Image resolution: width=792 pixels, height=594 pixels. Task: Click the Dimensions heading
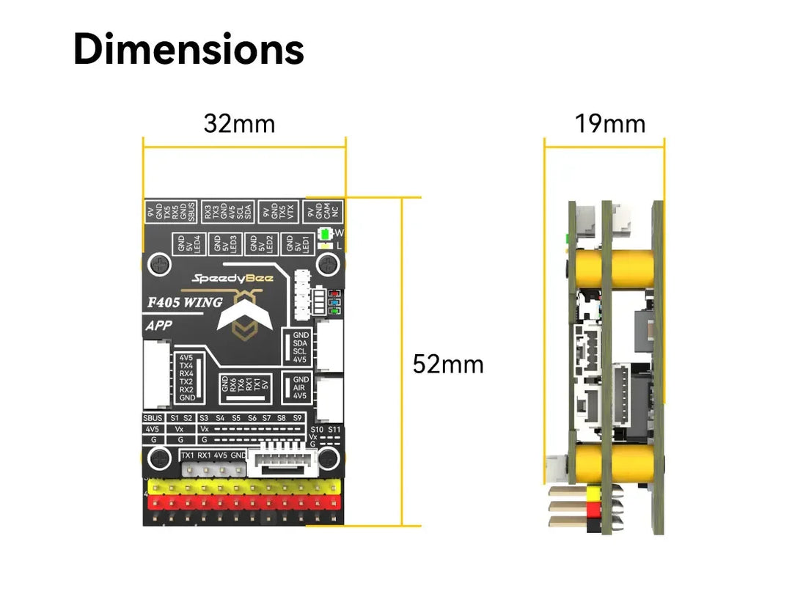(x=188, y=50)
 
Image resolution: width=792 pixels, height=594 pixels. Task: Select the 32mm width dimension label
(x=239, y=124)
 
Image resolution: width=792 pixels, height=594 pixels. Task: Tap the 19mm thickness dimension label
(x=609, y=124)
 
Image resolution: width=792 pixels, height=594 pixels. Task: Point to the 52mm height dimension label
(x=448, y=364)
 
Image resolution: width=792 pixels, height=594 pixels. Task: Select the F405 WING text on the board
(x=185, y=302)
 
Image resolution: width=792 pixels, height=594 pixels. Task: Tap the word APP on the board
(x=158, y=327)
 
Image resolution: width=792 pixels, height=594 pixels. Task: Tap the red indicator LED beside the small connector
(x=334, y=292)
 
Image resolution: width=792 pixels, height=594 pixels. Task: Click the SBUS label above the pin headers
(x=153, y=417)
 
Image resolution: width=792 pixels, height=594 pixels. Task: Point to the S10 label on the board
(x=317, y=429)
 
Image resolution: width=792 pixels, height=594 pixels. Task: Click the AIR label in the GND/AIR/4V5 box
(x=300, y=387)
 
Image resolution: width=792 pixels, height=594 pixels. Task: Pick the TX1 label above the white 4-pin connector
(x=188, y=455)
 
